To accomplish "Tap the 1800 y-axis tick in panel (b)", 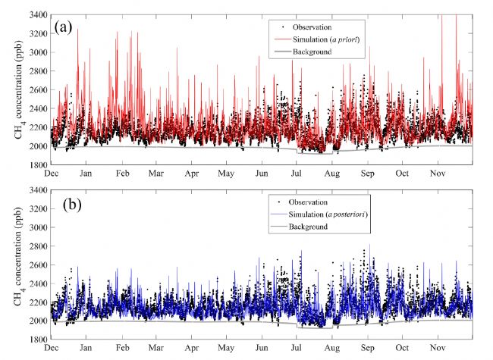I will tap(36, 340).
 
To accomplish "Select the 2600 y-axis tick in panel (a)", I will tap(36, 89).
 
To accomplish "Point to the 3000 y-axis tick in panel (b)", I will tap(36, 227).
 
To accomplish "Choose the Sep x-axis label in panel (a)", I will tap(367, 174).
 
